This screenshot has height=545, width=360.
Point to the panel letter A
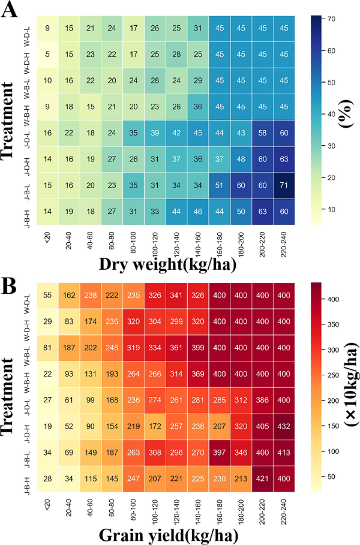tap(10, 10)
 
